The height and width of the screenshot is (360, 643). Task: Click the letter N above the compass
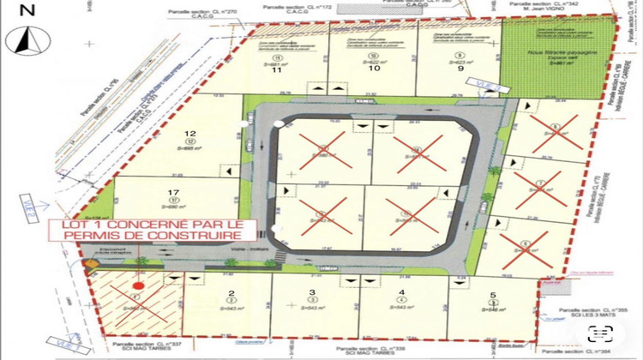(28, 11)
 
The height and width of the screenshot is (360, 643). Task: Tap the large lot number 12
(191, 133)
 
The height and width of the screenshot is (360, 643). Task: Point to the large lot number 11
(277, 71)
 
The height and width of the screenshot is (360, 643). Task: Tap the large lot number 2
(231, 292)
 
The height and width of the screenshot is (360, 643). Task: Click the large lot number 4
(400, 292)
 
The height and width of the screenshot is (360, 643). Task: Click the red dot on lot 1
(138, 285)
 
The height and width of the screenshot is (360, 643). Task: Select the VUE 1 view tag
(64, 347)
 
